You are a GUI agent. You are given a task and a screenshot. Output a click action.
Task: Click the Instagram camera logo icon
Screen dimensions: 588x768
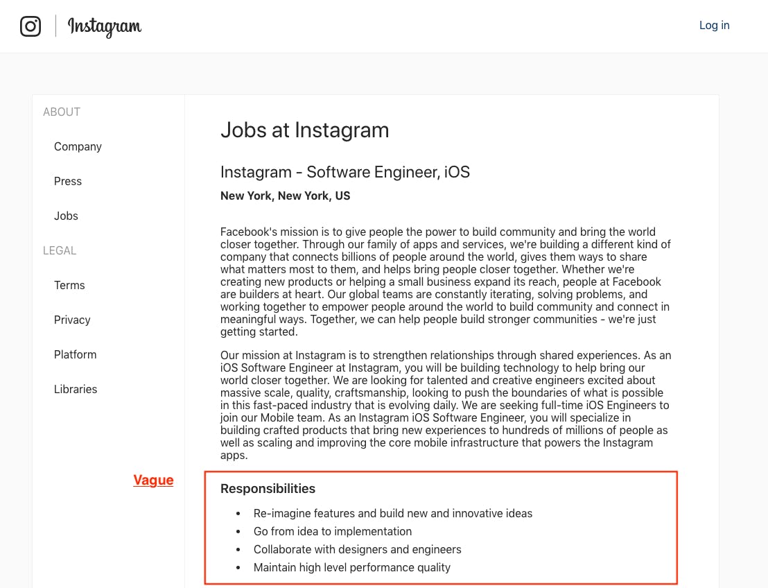(x=30, y=26)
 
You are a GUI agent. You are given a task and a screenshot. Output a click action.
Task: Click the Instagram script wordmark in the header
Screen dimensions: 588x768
(x=105, y=26)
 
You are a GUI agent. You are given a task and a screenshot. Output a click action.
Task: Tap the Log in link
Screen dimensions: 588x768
(x=714, y=26)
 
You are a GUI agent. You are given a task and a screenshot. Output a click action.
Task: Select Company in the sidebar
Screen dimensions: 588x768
(x=78, y=147)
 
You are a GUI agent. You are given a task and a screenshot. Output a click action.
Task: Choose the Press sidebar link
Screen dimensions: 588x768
(x=68, y=182)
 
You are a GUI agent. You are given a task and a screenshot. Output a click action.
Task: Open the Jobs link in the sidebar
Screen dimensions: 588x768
(x=66, y=216)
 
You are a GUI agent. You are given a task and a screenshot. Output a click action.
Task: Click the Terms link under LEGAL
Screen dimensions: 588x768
(x=69, y=286)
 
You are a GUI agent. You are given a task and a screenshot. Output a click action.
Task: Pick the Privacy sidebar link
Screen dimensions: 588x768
(x=72, y=320)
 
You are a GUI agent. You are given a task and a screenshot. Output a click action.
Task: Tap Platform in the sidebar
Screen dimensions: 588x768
(x=75, y=355)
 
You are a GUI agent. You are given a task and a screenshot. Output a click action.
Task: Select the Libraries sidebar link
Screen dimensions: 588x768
(x=76, y=390)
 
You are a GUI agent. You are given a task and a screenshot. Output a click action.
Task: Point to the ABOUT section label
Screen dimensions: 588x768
(x=62, y=112)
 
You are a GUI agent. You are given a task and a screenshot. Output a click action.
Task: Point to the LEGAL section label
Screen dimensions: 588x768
(x=60, y=251)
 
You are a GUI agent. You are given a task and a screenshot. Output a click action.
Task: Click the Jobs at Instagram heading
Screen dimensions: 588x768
(x=304, y=130)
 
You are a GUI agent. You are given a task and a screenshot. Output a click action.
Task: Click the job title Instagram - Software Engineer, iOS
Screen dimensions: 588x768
(x=345, y=172)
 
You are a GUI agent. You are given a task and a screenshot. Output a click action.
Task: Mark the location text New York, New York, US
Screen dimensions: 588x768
(x=286, y=196)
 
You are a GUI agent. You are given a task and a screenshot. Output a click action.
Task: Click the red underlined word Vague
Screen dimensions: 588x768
(x=153, y=481)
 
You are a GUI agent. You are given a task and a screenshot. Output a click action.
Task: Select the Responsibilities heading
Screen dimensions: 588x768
(x=268, y=489)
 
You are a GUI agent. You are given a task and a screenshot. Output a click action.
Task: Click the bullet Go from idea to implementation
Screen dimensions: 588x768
(x=333, y=532)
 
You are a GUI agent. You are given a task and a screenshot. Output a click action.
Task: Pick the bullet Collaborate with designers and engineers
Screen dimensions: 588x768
(x=357, y=550)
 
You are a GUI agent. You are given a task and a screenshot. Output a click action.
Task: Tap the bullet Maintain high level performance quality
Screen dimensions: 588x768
(x=352, y=568)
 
